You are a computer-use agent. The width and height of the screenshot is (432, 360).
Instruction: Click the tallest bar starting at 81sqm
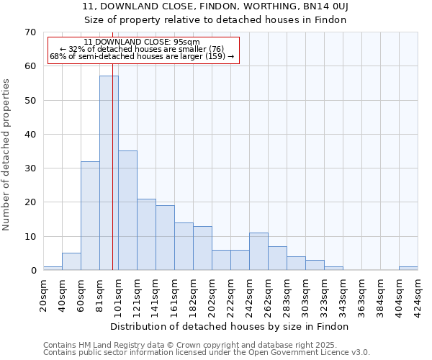(x=109, y=173)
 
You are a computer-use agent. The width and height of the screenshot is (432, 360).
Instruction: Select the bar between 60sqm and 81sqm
(x=90, y=216)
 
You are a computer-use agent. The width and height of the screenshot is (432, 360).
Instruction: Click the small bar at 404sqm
(x=408, y=269)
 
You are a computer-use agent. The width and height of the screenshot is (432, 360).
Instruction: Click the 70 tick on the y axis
(x=30, y=32)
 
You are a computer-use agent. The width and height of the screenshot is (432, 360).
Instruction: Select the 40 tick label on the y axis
(x=30, y=135)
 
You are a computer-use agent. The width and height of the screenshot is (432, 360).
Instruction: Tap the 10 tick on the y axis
(x=30, y=237)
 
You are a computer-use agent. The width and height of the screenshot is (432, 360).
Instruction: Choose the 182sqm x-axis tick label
(x=194, y=294)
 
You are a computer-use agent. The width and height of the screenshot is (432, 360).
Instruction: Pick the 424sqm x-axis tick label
(x=418, y=294)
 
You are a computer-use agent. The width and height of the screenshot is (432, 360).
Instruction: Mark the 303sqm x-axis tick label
(x=306, y=294)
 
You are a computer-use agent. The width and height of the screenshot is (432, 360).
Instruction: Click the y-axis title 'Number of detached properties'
(x=6, y=155)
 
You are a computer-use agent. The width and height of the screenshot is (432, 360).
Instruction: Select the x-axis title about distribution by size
(x=230, y=326)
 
